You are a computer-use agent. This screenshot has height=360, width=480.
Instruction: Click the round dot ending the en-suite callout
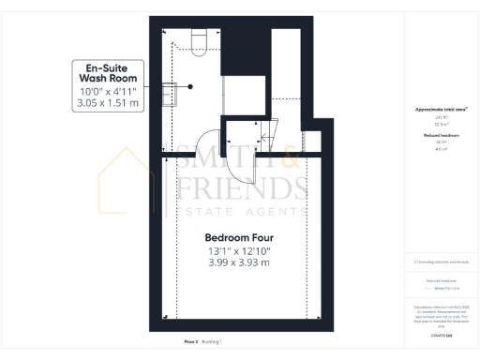pos(190,85)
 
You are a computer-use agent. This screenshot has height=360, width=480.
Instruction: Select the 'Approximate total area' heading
pos(442,110)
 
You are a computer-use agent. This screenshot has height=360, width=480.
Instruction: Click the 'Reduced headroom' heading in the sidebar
pos(442,135)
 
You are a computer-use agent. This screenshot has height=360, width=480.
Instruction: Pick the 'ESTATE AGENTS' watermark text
pos(242,215)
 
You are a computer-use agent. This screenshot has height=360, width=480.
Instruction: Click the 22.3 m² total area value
pos(442,122)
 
